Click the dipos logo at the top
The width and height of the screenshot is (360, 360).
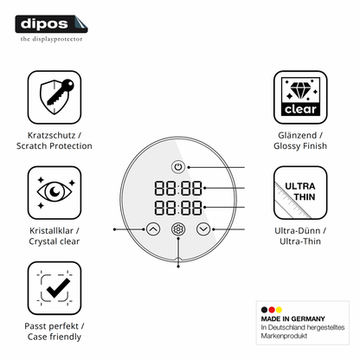point(51,24)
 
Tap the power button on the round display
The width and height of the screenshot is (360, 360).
point(178,167)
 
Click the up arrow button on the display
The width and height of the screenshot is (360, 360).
point(153,229)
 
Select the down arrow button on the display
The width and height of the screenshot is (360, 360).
point(203,229)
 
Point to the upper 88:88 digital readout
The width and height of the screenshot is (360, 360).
point(178,188)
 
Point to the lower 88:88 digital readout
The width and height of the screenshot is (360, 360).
point(178,208)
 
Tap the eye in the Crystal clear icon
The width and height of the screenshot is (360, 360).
point(55,191)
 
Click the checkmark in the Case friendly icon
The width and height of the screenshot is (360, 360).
point(58,288)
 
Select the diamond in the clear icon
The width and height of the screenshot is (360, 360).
point(300,90)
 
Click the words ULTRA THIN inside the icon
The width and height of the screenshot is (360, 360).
point(300,191)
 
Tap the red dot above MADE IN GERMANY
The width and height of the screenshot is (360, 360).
point(272,310)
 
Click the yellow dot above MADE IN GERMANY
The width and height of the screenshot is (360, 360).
point(279,310)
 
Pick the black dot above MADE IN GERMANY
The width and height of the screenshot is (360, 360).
point(264,310)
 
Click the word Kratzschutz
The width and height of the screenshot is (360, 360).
point(52,135)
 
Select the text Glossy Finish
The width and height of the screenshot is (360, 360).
point(300,146)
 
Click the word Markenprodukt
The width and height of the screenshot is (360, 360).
point(284,336)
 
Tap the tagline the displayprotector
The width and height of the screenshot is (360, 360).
point(51,39)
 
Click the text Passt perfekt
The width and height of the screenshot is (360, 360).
point(51,326)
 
